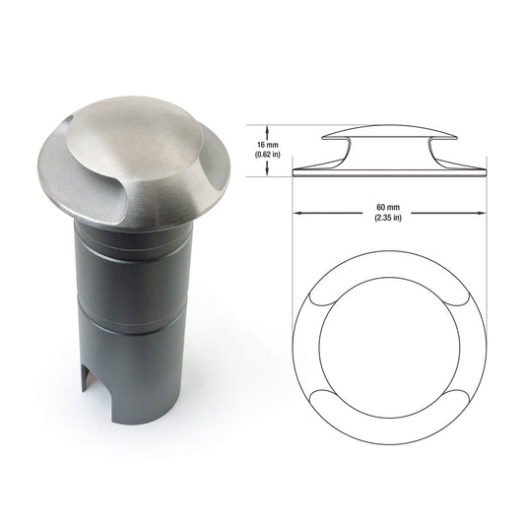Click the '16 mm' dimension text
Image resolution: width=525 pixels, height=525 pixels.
click(268, 145)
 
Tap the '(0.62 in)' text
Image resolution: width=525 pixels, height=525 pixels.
click(268, 155)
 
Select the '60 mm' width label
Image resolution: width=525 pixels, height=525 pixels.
click(388, 208)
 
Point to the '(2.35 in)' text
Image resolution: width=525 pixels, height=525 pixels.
click(388, 218)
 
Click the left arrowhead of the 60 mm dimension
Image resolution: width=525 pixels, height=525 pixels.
click(295, 213)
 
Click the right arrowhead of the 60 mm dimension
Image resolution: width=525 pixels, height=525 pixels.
click(483, 213)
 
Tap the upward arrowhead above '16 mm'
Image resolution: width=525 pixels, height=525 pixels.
click(267, 128)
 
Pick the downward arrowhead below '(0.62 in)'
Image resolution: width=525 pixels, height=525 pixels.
click(267, 172)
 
